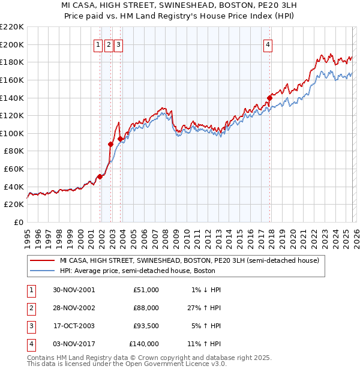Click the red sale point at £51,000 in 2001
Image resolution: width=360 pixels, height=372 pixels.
coord(100,176)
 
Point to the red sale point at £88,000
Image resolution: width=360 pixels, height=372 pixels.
coord(110,144)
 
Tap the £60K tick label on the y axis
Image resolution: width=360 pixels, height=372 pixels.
coord(14,169)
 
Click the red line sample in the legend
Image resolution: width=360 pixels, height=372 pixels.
coord(43,261)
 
